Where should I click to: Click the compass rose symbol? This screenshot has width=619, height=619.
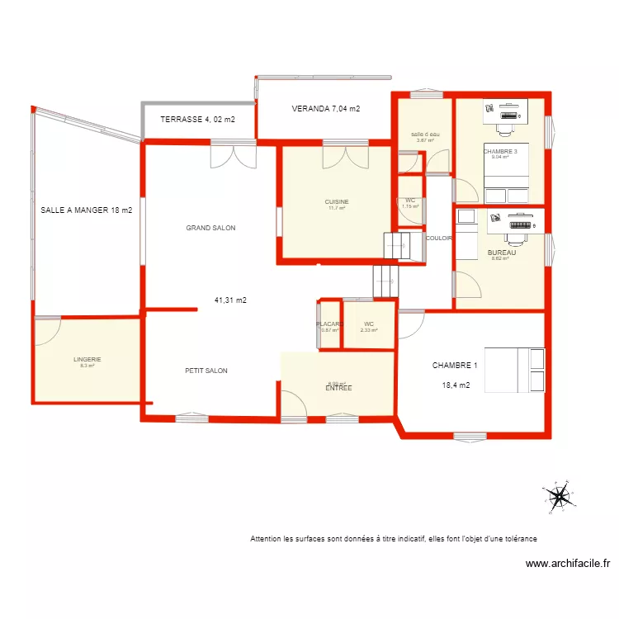coord(558,497)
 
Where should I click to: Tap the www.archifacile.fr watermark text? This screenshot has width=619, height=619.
coord(568,565)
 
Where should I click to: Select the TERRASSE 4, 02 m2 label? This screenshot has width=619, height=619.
coord(197,120)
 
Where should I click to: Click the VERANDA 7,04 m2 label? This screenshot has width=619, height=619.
coord(326,109)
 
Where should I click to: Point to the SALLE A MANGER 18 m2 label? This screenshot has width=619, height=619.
coord(87,210)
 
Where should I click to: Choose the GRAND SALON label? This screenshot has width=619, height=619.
coord(210,228)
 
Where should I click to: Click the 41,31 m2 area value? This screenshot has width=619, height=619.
coord(230,300)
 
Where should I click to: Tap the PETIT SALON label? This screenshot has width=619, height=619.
coord(206,371)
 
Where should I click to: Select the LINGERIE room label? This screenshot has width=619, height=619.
coord(87,359)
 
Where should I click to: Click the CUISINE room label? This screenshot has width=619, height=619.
coord(336,201)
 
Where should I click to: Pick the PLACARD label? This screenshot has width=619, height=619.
coord(329,324)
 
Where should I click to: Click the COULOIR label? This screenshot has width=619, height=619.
coord(438,238)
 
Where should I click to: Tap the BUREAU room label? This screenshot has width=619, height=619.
coord(502,253)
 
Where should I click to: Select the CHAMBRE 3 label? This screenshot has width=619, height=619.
coord(500,152)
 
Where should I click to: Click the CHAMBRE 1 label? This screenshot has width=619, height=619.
coord(455,365)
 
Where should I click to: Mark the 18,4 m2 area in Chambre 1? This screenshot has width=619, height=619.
coord(456,385)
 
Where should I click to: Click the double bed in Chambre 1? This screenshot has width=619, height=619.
coord(515,370)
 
